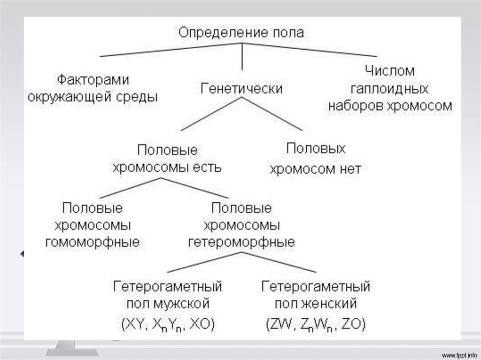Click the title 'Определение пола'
(241, 32)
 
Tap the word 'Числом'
(390, 71)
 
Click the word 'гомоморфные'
(93, 242)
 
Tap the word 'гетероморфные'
(241, 242)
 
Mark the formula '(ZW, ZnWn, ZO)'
(316, 324)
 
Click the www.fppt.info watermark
(460, 353)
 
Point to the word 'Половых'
(316, 149)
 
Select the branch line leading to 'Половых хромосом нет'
(272, 114)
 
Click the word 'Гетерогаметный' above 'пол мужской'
(167, 285)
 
